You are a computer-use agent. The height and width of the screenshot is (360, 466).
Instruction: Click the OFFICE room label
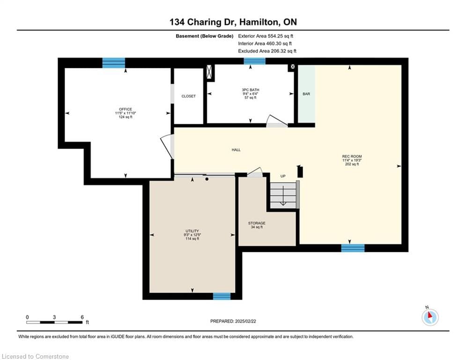point(126,109)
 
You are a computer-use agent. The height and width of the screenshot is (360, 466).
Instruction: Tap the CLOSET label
point(188,96)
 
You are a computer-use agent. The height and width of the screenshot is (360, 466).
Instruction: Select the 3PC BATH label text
point(250,90)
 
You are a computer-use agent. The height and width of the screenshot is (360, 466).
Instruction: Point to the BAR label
point(306,94)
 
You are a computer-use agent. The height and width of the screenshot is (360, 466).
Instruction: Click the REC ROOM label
point(352,156)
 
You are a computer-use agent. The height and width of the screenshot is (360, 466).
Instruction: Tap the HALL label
point(236,150)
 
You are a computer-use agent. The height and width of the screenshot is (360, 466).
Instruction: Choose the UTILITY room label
point(192,231)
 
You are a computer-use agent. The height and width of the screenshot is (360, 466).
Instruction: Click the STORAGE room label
point(257,223)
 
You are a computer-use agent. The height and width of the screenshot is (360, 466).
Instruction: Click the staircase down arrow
point(283,196)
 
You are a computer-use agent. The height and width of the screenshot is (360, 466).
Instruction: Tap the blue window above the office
point(113,63)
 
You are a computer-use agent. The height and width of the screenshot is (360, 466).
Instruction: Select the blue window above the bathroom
point(254,61)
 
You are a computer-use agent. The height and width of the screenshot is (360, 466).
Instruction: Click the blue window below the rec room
point(353,248)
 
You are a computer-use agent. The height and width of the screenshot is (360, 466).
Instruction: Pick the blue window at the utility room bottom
point(222,296)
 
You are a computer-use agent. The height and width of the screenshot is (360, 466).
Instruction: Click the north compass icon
point(430,317)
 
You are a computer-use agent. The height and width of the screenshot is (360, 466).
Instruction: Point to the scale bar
point(54,322)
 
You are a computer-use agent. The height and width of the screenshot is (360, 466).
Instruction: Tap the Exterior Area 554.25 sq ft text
point(266,36)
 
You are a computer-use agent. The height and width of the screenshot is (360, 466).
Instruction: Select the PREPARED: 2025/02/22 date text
point(233,321)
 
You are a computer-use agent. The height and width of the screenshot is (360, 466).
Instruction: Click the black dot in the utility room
point(207,179)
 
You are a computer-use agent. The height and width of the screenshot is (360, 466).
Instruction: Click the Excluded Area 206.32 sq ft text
point(267,51)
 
